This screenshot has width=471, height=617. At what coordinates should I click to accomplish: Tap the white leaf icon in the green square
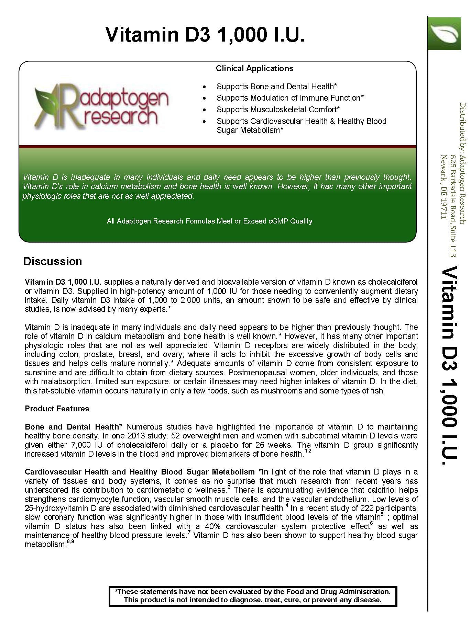(444, 33)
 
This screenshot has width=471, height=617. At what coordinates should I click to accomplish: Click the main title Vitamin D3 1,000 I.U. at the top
(205, 35)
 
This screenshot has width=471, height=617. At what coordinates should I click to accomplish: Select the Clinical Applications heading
(254, 68)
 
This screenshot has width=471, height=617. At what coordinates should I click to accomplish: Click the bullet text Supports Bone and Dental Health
(276, 87)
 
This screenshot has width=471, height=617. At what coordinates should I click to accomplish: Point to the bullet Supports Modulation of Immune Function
(290, 98)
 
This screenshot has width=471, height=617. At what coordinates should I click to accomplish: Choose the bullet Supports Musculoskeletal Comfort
(278, 110)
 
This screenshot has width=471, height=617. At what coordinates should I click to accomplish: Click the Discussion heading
(53, 261)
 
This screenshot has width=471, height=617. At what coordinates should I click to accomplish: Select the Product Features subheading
(57, 409)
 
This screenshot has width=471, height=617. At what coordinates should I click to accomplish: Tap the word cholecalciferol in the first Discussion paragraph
(393, 282)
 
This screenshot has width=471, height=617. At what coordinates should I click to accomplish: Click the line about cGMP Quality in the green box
(209, 221)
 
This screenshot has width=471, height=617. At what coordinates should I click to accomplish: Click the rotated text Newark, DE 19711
(444, 187)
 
